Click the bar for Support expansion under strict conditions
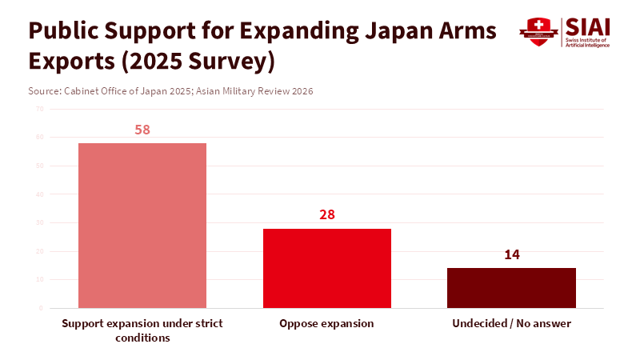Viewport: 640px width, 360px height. pyautogui.click(x=142, y=226)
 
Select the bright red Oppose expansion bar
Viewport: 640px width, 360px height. pyautogui.click(x=327, y=268)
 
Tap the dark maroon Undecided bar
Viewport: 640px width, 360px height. pyautogui.click(x=511, y=288)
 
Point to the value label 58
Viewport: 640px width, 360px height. pyautogui.click(x=142, y=130)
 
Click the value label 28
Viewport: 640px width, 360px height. pyautogui.click(x=327, y=214)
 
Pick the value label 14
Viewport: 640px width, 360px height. pyautogui.click(x=512, y=254)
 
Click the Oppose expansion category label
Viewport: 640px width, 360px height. pyautogui.click(x=327, y=324)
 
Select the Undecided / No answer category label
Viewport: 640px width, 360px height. pyautogui.click(x=511, y=324)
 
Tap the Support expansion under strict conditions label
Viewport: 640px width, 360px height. pyautogui.click(x=142, y=330)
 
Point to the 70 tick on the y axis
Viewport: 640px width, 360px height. pyautogui.click(x=39, y=109)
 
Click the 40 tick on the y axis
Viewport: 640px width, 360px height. pyautogui.click(x=39, y=194)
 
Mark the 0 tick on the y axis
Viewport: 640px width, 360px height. pyautogui.click(x=41, y=308)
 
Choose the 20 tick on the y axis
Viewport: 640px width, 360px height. pyautogui.click(x=39, y=251)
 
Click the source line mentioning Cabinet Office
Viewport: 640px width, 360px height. pyautogui.click(x=170, y=91)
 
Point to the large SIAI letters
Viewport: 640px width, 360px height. pyautogui.click(x=587, y=26)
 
